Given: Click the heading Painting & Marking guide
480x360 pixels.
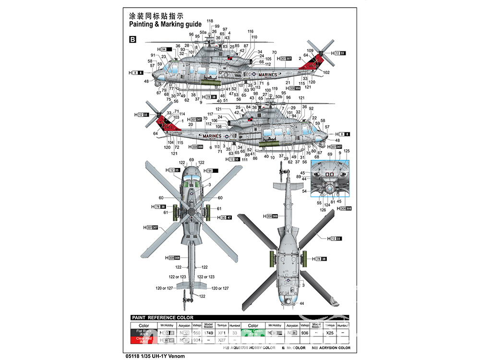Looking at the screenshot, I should click(165, 24).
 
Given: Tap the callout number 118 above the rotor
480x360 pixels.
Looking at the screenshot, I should click(210, 21).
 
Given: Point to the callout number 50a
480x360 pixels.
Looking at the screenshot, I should click(203, 32).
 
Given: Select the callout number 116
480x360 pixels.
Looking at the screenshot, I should click(250, 32).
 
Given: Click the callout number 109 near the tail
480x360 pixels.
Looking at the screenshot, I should click(310, 50).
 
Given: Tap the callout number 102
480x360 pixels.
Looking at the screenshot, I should click(326, 72).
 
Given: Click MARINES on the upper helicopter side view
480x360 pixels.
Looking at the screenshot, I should click(267, 75).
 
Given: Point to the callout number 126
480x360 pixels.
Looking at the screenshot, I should click(323, 209).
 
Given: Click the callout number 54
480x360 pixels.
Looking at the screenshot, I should click(304, 192).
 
